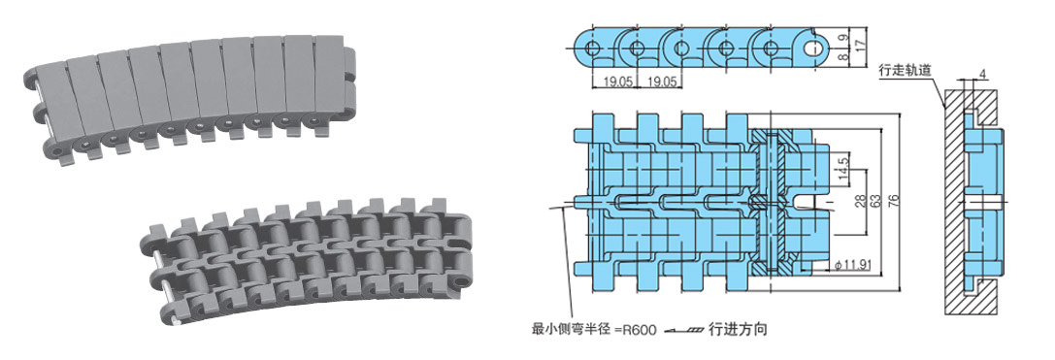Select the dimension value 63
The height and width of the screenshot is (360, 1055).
[876, 202]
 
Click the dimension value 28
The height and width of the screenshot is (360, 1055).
[859, 201]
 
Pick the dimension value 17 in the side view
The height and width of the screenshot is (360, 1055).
[858, 46]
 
